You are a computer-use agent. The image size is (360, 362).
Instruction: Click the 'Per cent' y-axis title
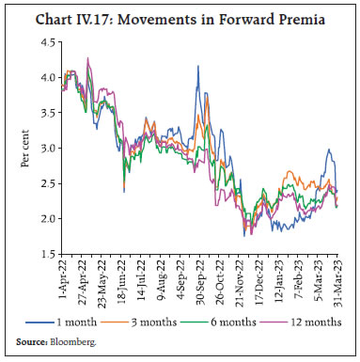pos(25,148)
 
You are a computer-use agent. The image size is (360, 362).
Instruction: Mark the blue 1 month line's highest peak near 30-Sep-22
pos(197,66)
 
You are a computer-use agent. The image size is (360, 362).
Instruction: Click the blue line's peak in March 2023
pos(329,149)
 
